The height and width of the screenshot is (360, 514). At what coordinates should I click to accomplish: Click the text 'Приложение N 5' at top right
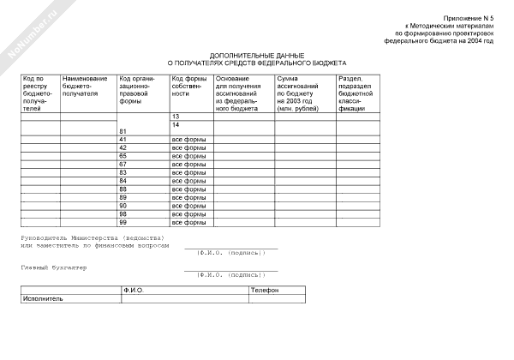pos(469,18)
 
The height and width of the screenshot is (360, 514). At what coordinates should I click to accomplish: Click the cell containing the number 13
pos(176,116)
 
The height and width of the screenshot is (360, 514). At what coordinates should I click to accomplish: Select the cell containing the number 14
pos(176,125)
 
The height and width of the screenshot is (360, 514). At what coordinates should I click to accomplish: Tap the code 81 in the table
pos(123,131)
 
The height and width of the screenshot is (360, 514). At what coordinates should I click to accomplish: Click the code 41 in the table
pos(123,139)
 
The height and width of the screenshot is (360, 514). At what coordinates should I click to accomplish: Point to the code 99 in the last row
pos(123,222)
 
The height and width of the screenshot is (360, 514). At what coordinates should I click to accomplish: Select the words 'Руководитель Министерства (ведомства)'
pos(93,237)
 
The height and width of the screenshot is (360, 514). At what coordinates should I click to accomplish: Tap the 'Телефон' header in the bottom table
pos(263,291)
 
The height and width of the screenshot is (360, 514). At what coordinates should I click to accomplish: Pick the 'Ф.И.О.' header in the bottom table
pos(133,291)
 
